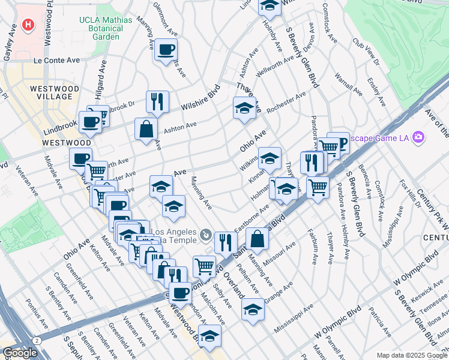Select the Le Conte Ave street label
point(56,61)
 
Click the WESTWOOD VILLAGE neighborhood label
point(54,92)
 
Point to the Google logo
point(20,353)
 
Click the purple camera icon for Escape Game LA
point(418,137)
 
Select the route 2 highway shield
point(37,340)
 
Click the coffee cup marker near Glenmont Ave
point(166,50)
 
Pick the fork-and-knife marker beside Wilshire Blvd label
point(157,101)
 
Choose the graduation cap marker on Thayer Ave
point(244,109)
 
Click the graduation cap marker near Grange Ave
point(253,310)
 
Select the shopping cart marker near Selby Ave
point(204,265)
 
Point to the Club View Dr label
point(366,53)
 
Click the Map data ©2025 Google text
point(411,355)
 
